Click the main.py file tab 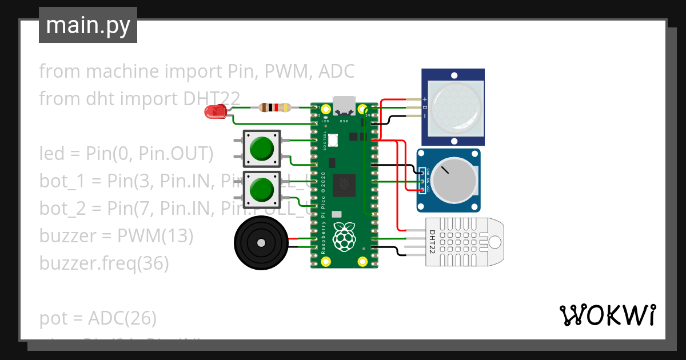click(x=87, y=25)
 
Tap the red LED click(x=215, y=112)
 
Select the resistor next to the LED click(x=274, y=107)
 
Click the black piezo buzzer click(x=260, y=243)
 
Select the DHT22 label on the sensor click(x=432, y=242)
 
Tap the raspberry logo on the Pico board click(x=343, y=237)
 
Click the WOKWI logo click(x=607, y=315)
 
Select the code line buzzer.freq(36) click(x=103, y=263)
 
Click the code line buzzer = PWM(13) click(x=116, y=236)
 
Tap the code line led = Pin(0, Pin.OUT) click(x=126, y=154)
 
